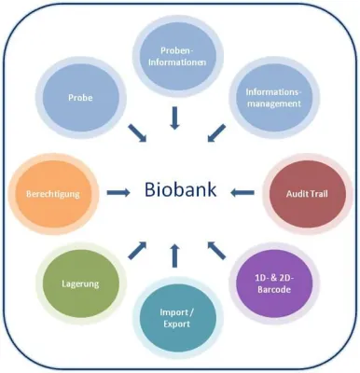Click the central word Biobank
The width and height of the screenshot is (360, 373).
click(180, 191)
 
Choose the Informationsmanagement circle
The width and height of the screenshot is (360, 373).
click(272, 98)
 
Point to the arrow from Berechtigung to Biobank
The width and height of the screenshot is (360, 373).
click(118, 193)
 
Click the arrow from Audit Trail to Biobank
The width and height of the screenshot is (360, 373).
click(242, 194)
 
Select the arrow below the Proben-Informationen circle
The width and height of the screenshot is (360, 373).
click(174, 117)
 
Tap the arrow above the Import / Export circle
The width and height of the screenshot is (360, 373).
click(175, 254)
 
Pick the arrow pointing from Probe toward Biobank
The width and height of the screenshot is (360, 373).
click(136, 133)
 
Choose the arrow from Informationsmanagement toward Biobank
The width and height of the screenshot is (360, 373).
click(215, 133)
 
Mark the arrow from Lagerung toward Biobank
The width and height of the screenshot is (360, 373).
click(136, 248)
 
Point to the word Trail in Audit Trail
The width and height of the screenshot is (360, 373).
click(320, 195)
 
